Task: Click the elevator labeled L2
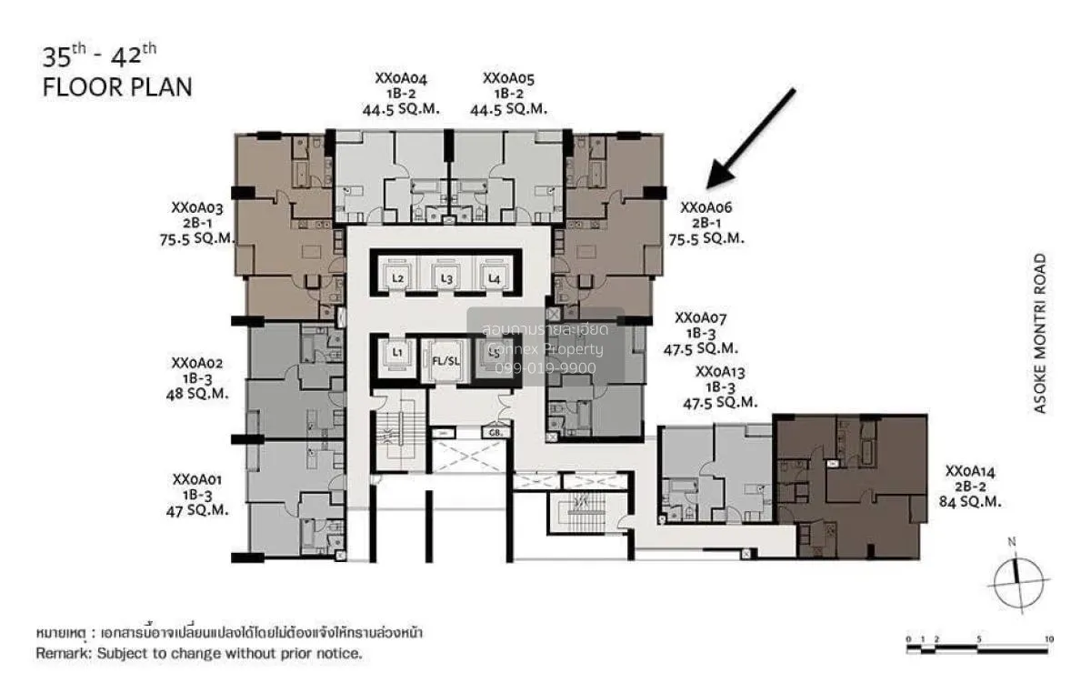click(397, 278)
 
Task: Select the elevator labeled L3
click(445, 278)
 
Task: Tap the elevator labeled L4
click(494, 278)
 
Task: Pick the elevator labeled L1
click(397, 351)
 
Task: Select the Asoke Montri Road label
click(1040, 334)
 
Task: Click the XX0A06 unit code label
click(706, 207)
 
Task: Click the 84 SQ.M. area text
click(971, 501)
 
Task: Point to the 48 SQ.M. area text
click(197, 394)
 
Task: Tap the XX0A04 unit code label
click(401, 78)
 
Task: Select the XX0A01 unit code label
click(197, 479)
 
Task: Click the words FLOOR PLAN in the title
click(117, 88)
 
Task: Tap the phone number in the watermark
click(545, 367)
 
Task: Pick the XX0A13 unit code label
click(727, 371)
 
